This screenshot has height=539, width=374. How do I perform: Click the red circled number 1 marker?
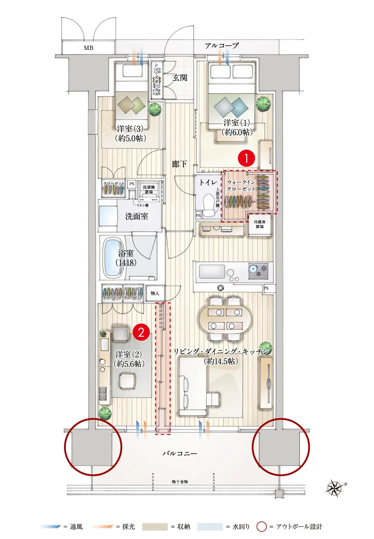click(246, 158)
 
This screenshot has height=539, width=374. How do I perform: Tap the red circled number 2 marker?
click(141, 332)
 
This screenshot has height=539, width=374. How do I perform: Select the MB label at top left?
click(88, 48)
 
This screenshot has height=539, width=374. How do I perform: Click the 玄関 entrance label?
click(180, 78)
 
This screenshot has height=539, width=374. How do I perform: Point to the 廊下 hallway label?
click(179, 164)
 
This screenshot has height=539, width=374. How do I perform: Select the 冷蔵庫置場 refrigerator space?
click(259, 224)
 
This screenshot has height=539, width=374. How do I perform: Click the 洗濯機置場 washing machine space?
click(149, 189)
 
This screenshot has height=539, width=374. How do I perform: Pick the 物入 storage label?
click(155, 293)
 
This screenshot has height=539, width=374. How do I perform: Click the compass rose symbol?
click(335, 488)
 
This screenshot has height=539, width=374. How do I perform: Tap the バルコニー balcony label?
click(180, 453)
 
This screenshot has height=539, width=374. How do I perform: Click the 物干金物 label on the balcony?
click(180, 481)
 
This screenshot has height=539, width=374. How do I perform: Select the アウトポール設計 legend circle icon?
click(262, 526)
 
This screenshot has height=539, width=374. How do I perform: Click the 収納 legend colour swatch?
click(155, 526)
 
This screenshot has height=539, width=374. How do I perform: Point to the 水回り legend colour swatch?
click(210, 526)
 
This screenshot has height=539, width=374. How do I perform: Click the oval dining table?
click(225, 319)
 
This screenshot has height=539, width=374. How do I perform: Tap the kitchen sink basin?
click(212, 271)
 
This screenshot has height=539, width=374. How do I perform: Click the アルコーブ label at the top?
click(222, 45)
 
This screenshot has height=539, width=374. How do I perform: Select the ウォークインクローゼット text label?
click(241, 186)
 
